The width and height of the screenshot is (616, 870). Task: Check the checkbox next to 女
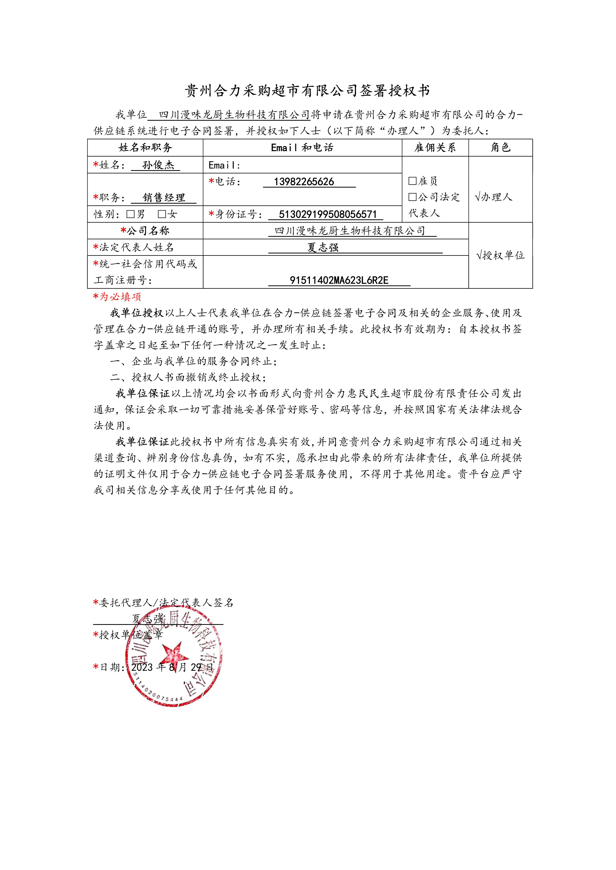[x=162, y=214]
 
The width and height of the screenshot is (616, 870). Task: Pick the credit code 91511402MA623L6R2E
[x=339, y=280]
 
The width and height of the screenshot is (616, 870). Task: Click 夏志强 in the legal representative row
[x=323, y=247]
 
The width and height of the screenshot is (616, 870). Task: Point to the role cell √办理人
[x=493, y=197]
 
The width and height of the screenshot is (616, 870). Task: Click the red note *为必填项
[x=117, y=297]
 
